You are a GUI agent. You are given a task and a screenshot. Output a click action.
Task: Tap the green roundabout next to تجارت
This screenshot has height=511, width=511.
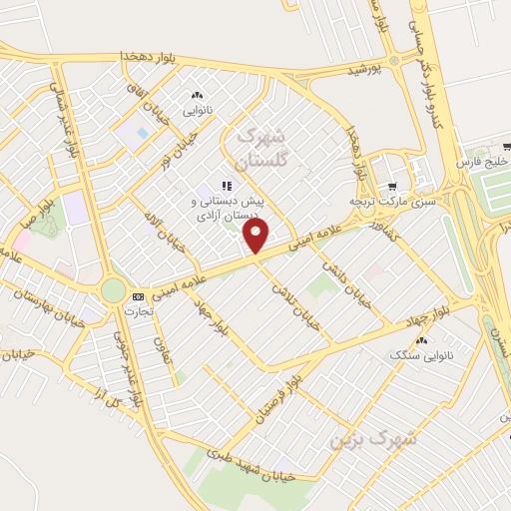(x=114, y=290)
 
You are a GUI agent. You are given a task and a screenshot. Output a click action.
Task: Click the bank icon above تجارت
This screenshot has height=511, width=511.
(x=138, y=296)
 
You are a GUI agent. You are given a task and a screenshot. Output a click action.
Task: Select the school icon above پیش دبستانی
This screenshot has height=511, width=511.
(x=227, y=186)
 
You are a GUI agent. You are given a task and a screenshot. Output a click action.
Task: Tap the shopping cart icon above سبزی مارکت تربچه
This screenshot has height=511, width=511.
(x=391, y=187)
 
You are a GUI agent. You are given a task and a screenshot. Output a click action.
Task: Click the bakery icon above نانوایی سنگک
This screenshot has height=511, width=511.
(x=419, y=340)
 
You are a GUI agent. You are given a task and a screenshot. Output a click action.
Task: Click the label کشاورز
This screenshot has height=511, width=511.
(x=382, y=226)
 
